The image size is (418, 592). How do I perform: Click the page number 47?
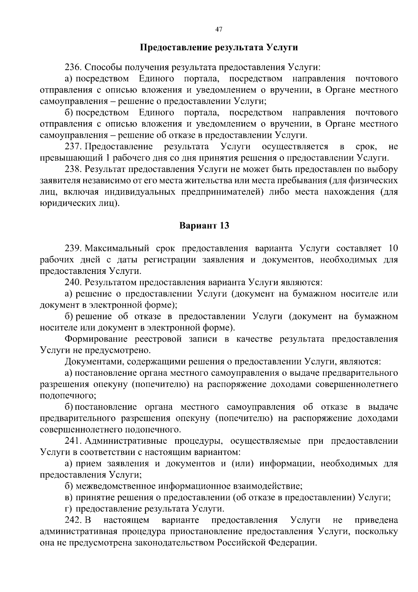(219, 29)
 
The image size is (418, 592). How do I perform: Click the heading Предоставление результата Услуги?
(219, 47)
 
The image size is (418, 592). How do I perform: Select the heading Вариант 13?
(204, 225)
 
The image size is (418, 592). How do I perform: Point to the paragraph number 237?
(73, 146)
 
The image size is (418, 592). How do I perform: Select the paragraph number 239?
(73, 248)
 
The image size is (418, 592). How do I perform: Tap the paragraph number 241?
(73, 441)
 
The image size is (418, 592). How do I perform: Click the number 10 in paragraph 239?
(393, 248)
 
